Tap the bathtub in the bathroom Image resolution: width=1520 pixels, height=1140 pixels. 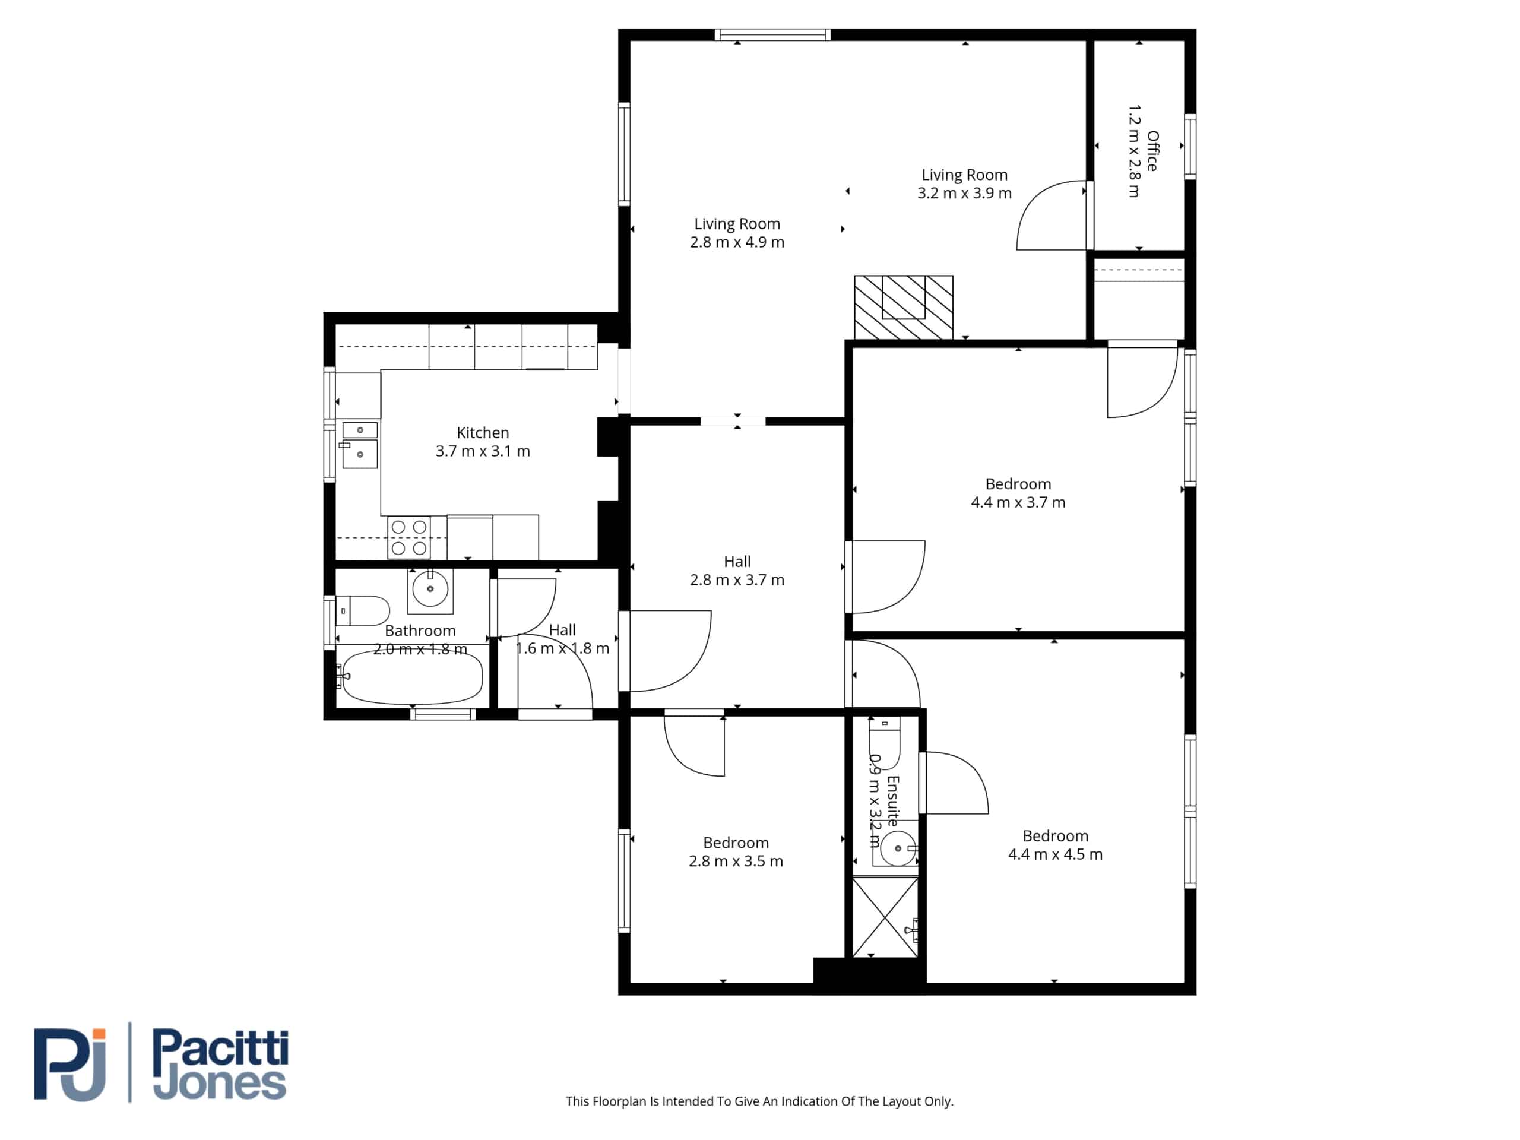[x=412, y=677]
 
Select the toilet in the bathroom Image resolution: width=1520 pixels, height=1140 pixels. [x=363, y=610]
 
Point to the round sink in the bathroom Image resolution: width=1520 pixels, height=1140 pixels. [x=430, y=589]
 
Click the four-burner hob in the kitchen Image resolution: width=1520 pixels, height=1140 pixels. [x=409, y=538]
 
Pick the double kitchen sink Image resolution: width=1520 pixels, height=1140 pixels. [x=359, y=445]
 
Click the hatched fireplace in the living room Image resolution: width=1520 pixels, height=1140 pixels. [x=904, y=307]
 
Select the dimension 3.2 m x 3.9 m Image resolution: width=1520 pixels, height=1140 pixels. [x=964, y=193]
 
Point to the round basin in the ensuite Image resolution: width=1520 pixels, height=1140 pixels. [x=898, y=848]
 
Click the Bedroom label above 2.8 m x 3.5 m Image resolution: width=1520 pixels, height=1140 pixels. [x=735, y=843]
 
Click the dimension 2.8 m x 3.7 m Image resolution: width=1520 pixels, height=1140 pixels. [x=737, y=580]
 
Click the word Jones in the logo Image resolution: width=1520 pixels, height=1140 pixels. [x=219, y=1084]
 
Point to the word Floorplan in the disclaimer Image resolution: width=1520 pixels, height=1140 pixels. [x=619, y=1101]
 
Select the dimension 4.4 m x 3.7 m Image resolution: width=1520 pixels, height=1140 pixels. [x=1018, y=502]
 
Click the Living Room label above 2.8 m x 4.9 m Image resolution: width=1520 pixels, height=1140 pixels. [x=737, y=224]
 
